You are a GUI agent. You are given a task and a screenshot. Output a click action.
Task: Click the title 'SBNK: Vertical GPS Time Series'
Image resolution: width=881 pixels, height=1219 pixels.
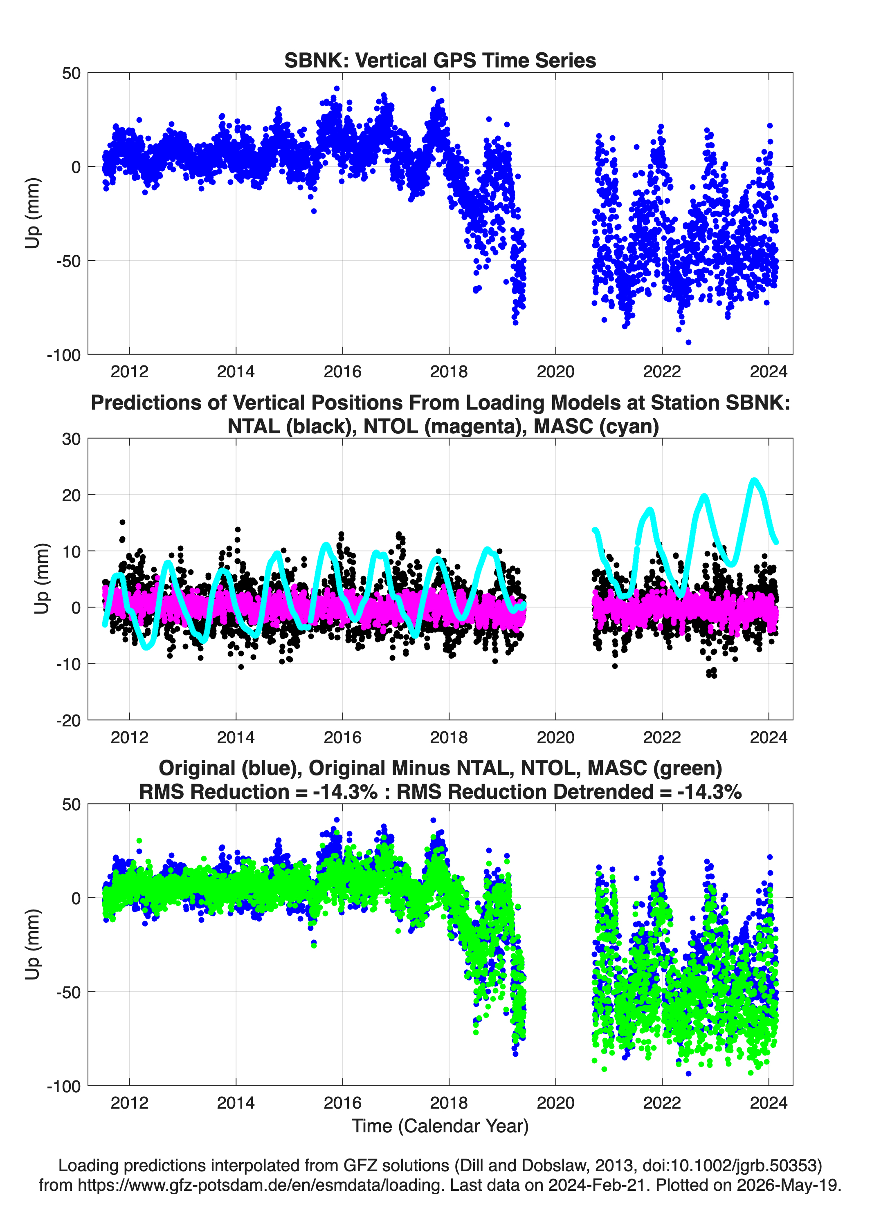tap(440, 60)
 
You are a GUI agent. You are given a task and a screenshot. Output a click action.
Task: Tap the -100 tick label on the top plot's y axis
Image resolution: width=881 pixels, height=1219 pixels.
tap(63, 355)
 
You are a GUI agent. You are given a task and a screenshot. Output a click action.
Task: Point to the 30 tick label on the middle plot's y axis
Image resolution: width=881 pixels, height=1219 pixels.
tap(71, 439)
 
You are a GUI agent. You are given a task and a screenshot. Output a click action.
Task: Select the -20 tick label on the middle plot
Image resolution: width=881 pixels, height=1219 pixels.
tap(68, 721)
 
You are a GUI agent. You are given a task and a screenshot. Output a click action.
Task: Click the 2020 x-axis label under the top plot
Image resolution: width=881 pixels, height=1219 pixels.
tap(555, 372)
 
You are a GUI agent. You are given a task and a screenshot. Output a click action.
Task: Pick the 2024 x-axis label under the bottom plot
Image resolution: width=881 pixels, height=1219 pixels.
tap(769, 1103)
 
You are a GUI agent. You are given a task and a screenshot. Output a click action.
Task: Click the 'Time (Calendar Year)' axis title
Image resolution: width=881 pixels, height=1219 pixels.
tap(440, 1126)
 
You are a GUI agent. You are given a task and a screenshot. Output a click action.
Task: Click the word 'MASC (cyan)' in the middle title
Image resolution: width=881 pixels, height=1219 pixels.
tap(596, 426)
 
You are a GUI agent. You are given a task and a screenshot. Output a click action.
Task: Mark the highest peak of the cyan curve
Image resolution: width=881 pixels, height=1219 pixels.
tap(754, 480)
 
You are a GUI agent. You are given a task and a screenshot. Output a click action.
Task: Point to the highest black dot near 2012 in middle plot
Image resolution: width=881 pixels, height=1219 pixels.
tap(123, 522)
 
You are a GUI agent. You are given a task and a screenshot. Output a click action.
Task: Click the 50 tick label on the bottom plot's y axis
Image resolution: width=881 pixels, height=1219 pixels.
tap(71, 804)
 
